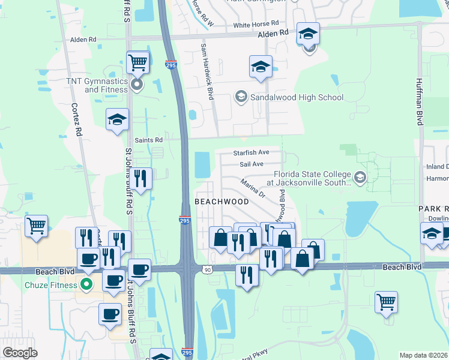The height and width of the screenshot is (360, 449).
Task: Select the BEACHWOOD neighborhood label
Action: click(x=221, y=202)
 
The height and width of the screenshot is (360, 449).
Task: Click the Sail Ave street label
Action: click(x=252, y=164)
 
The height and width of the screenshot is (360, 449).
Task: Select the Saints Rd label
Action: click(x=149, y=140)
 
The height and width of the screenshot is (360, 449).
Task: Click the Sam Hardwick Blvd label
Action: click(x=207, y=71)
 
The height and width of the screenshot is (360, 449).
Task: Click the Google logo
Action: click(x=20, y=353)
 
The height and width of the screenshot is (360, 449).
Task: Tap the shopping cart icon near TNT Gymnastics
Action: click(x=138, y=61)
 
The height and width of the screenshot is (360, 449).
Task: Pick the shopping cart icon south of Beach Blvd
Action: click(x=387, y=302)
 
